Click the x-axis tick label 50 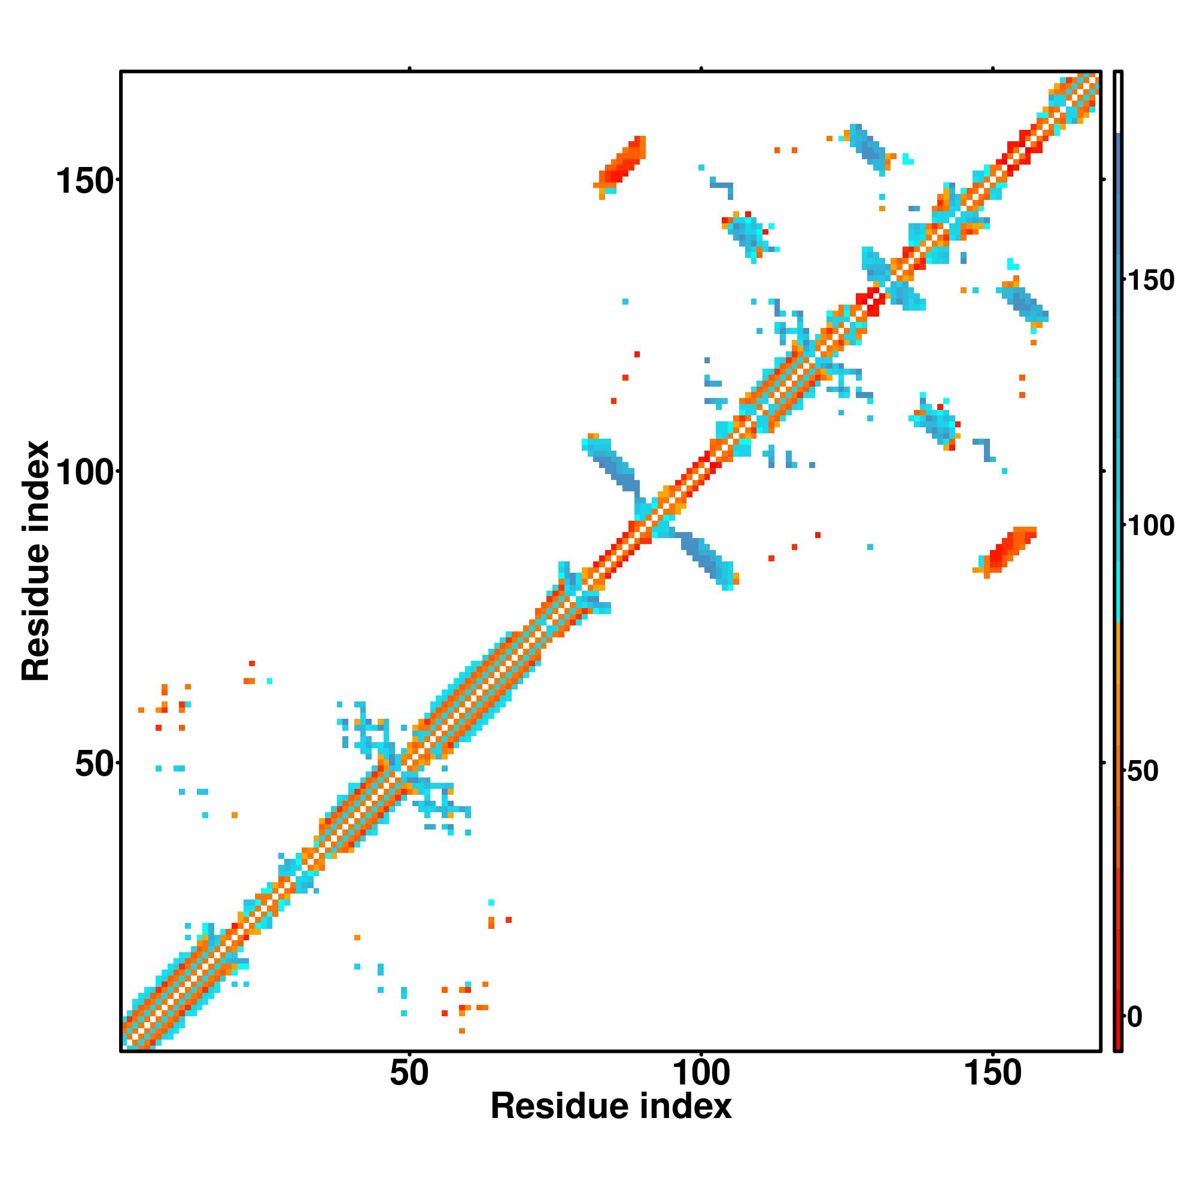(x=409, y=1073)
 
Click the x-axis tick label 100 (x=701, y=1073)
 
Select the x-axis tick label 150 (x=992, y=1073)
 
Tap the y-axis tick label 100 (x=86, y=473)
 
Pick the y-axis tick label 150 (x=86, y=181)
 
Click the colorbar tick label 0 (x=1135, y=1017)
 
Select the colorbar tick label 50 (x=1143, y=771)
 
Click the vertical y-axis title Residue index (x=35, y=561)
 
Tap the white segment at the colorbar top (x=1119, y=102)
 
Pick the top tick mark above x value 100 (x=701, y=68)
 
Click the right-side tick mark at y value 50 (x=1104, y=763)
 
